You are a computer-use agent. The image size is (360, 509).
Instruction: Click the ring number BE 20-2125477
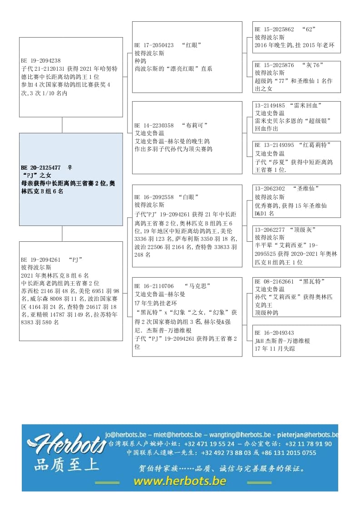click(41, 167)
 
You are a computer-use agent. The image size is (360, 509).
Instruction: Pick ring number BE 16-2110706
click(154, 286)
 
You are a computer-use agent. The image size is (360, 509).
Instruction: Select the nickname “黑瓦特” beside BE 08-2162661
click(313, 281)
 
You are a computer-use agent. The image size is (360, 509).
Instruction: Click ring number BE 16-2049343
click(274, 333)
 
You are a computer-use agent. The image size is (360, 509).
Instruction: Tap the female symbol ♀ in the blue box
click(70, 167)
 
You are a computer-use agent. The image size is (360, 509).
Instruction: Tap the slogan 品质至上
click(66, 465)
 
